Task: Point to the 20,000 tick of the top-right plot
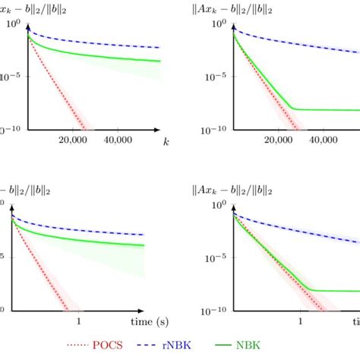[279, 141]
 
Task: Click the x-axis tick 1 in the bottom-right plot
[301, 321]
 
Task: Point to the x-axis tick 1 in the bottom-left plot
[80, 321]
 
